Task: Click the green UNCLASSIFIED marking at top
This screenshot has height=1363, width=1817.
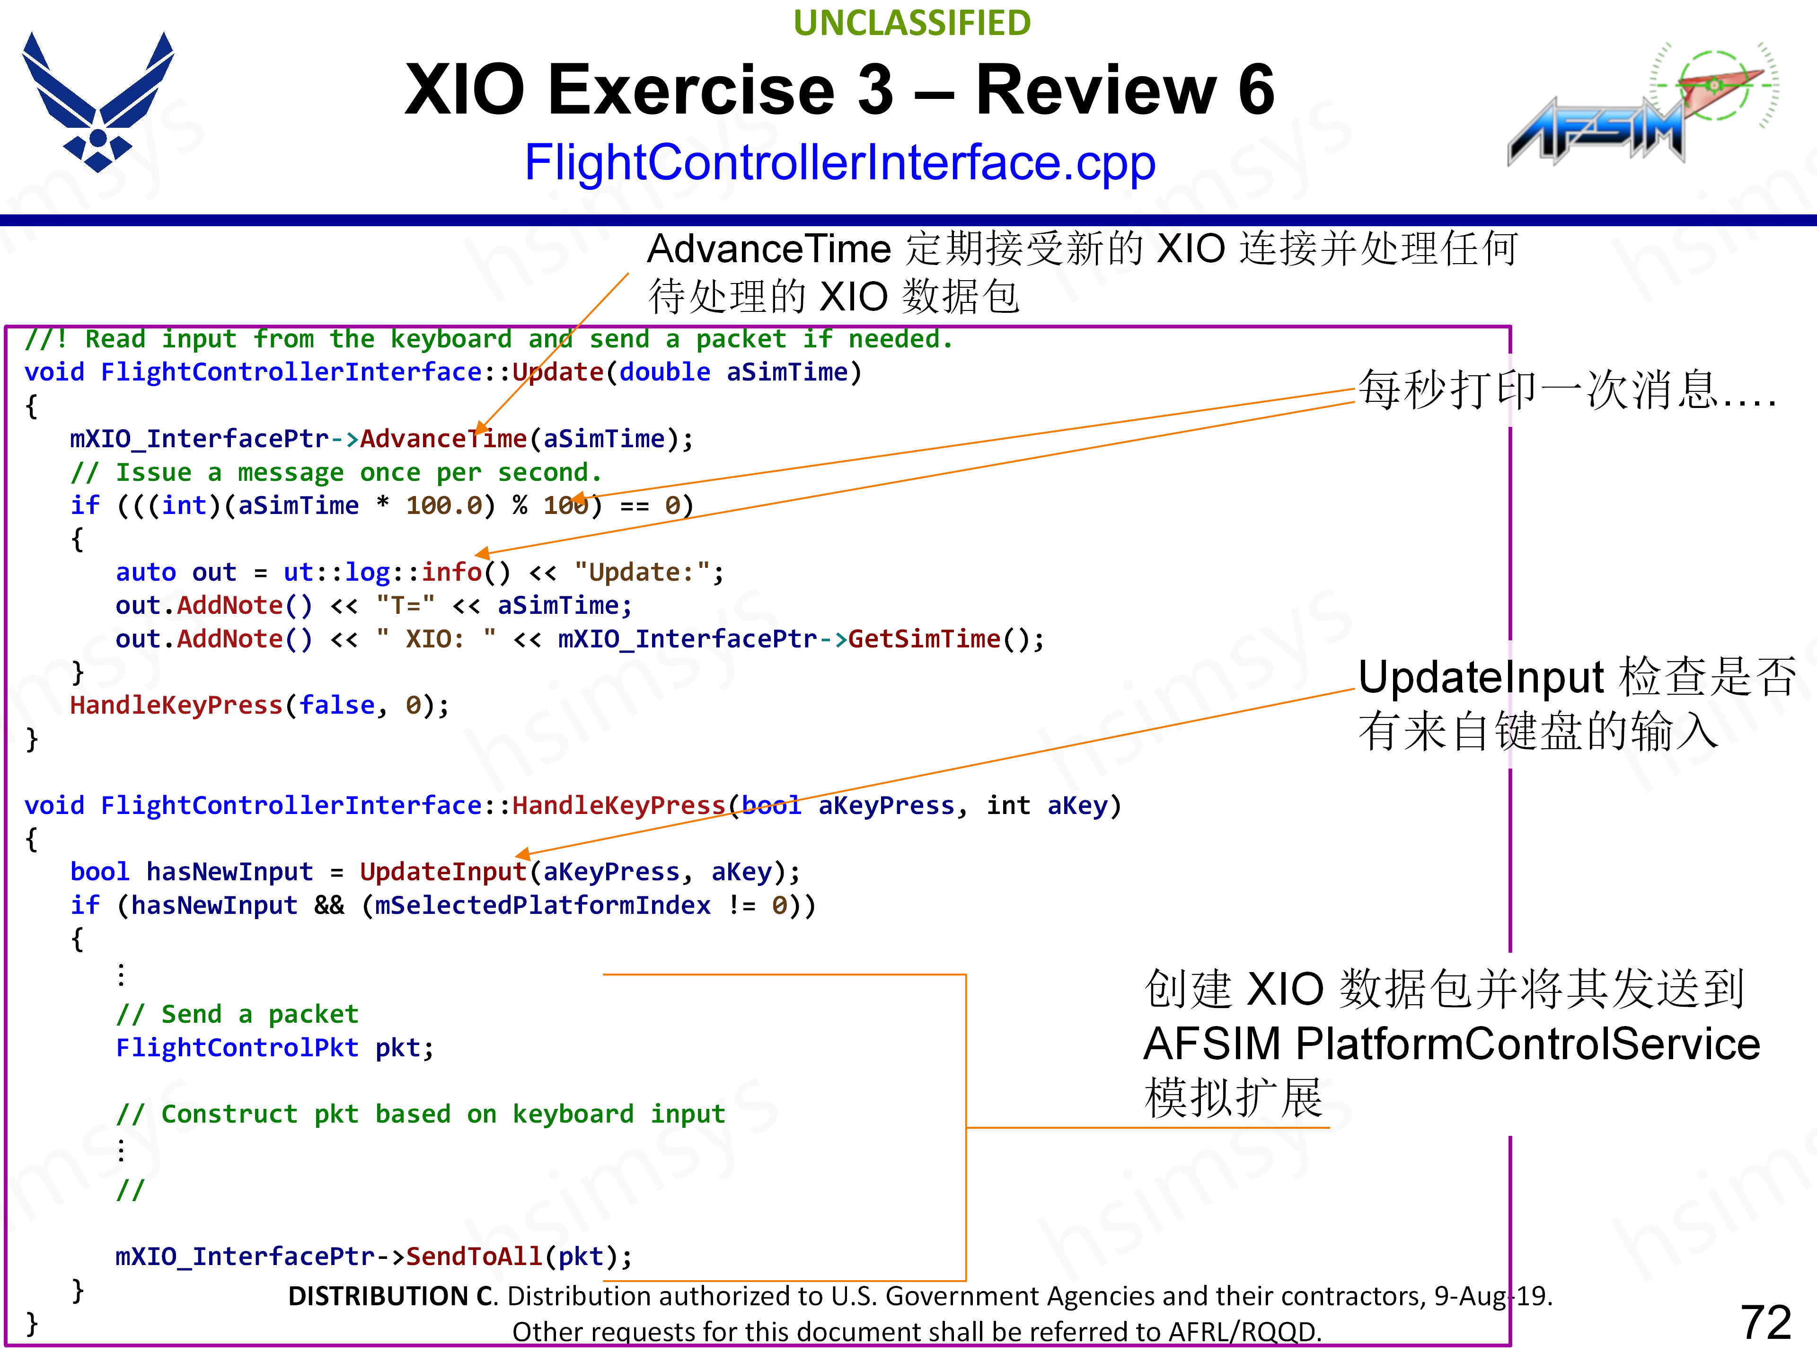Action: tap(912, 23)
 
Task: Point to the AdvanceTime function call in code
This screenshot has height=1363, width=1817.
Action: tap(443, 439)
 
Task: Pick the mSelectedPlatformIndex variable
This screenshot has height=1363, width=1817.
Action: tap(542, 905)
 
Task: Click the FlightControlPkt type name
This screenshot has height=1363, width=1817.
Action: tap(237, 1047)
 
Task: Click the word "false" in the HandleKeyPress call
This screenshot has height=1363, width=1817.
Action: tap(337, 705)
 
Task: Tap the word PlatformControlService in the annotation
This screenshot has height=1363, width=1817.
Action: tap(1528, 1044)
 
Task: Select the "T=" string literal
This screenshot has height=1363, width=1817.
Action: tap(406, 605)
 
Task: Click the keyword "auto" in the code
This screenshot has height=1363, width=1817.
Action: tap(145, 572)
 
